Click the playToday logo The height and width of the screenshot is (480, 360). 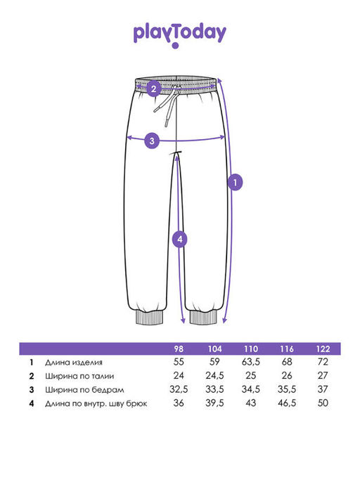pos(180,35)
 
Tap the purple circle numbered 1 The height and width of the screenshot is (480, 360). pos(235,183)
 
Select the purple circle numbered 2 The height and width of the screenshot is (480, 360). pos(153,89)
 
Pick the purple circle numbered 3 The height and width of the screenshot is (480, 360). pos(152,141)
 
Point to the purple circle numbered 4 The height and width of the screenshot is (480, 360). pos(179,239)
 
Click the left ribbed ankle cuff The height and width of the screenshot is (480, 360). pos(150,317)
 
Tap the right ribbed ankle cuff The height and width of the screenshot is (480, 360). pos(203,317)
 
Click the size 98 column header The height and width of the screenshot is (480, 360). pos(179,349)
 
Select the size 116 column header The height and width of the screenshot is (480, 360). pos(287,349)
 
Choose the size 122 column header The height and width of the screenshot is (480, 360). pos(323,349)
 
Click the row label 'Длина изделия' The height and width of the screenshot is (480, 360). pos(74,363)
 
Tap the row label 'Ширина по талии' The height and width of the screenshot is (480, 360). pos(79,376)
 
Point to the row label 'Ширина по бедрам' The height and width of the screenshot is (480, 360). pos(84,390)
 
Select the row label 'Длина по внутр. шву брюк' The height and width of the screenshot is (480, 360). pos(96,404)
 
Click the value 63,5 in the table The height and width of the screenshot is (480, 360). pos(250,362)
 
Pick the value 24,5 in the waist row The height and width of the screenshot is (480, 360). pos(214,375)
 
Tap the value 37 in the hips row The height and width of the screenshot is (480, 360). pos(323,389)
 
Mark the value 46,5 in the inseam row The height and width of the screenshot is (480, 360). pos(287,403)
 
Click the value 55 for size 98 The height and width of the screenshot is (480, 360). pos(179,362)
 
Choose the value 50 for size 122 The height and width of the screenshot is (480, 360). pos(323,403)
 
